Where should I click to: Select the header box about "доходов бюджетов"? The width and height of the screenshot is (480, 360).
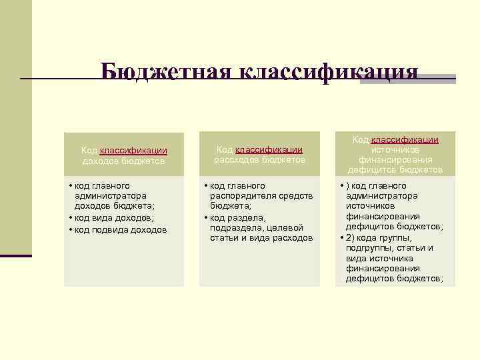(123, 155)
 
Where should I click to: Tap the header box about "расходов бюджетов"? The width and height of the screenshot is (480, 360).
(259, 155)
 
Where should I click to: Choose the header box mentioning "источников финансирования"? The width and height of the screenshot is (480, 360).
(395, 154)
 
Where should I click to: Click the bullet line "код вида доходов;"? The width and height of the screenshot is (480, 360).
(113, 217)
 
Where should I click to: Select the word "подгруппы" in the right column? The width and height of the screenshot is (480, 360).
(369, 248)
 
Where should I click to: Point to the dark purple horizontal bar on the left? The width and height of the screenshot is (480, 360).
(16, 255)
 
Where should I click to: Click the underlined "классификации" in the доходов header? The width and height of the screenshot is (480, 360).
(133, 151)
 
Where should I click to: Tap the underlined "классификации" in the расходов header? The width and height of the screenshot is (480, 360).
(269, 151)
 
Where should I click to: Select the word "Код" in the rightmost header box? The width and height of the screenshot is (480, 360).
(361, 140)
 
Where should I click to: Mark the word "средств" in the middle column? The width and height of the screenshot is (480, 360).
(297, 196)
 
